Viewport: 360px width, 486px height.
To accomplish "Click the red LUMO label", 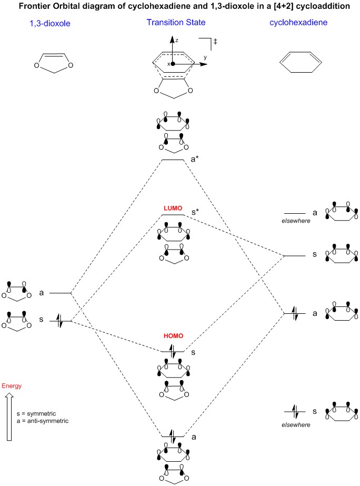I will [x=172, y=209].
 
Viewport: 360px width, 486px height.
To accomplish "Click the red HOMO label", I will [x=172, y=335].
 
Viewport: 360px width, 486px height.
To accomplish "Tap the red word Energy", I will [x=12, y=386].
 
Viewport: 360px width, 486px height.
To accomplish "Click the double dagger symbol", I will [x=215, y=41].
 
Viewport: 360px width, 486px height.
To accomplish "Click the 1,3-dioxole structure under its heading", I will [x=52, y=60].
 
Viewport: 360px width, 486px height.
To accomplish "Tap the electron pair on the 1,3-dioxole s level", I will [x=59, y=321].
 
